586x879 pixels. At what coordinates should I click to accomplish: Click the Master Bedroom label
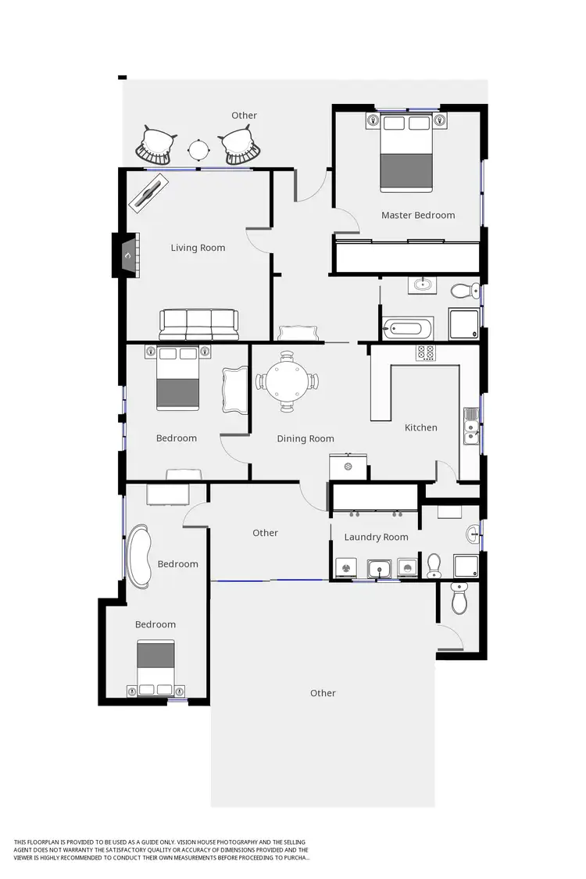click(x=417, y=215)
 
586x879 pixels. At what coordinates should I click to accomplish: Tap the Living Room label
click(x=198, y=248)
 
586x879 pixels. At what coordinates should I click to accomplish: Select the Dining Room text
click(x=306, y=438)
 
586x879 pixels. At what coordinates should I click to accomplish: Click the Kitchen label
click(x=420, y=427)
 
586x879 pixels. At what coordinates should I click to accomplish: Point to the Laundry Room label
click(x=376, y=537)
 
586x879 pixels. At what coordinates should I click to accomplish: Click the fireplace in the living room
click(x=128, y=255)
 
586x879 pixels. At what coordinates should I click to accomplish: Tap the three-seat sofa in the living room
click(x=198, y=323)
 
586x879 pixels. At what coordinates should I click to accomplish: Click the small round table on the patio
click(x=198, y=148)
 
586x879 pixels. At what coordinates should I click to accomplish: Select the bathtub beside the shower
click(x=406, y=327)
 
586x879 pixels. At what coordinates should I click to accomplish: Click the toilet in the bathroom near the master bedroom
click(x=465, y=291)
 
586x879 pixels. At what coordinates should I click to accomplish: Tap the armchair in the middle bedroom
click(x=234, y=389)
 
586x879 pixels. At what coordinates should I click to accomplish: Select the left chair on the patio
click(x=155, y=146)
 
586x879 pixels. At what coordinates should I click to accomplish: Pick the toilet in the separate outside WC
click(x=459, y=599)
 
